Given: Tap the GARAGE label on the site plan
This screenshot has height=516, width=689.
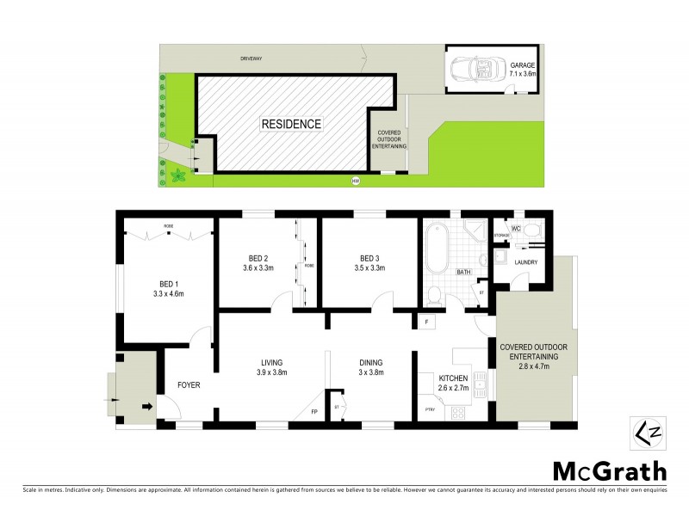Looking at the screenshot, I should click(x=523, y=64).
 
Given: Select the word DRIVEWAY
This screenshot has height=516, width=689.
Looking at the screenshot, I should click(x=252, y=58).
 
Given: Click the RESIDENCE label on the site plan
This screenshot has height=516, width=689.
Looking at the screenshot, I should click(x=290, y=124).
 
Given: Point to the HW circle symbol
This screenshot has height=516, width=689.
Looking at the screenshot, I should click(x=354, y=181).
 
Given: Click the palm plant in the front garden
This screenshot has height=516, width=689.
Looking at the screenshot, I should click(x=178, y=176).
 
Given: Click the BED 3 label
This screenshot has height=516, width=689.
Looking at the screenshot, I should click(x=370, y=257).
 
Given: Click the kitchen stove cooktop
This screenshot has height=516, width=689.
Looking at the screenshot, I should click(x=458, y=412).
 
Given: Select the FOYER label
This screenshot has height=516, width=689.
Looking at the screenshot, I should click(x=189, y=385).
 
